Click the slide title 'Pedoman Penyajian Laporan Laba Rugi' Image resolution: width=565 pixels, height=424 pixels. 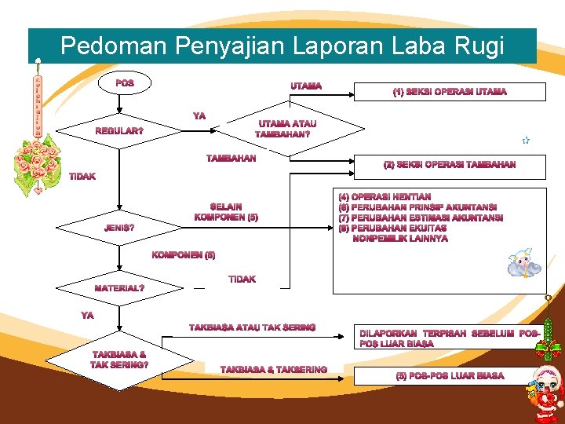[x=282, y=46]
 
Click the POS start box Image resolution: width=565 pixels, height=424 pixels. [x=124, y=83]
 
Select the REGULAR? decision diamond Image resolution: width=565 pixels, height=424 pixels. [x=118, y=130]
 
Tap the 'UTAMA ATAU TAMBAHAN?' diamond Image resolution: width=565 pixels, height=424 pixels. [x=287, y=128]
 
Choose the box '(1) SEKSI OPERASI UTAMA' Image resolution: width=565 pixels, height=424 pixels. [x=450, y=91]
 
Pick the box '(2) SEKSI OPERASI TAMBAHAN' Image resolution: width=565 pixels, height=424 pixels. [x=450, y=165]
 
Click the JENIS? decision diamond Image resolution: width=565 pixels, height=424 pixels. [x=118, y=228]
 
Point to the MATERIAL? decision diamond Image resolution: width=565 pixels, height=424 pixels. [x=118, y=288]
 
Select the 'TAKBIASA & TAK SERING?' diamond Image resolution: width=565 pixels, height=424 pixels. [x=119, y=360]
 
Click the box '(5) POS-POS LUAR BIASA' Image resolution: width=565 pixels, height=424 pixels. [x=450, y=376]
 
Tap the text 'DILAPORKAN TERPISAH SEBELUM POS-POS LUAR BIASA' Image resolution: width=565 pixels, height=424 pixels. [x=450, y=338]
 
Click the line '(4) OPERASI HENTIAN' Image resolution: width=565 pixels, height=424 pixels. [x=385, y=197]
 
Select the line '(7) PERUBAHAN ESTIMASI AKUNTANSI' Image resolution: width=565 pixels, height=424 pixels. [x=421, y=217]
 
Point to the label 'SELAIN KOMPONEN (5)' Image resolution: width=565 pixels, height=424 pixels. [x=226, y=211]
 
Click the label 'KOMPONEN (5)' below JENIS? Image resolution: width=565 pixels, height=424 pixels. [x=184, y=255]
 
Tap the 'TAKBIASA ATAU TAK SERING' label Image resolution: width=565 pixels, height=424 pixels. [x=252, y=327]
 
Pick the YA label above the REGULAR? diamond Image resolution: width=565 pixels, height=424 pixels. [x=199, y=115]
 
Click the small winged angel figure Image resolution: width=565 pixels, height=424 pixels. [x=523, y=264]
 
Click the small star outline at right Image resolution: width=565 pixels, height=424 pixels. [x=526, y=141]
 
